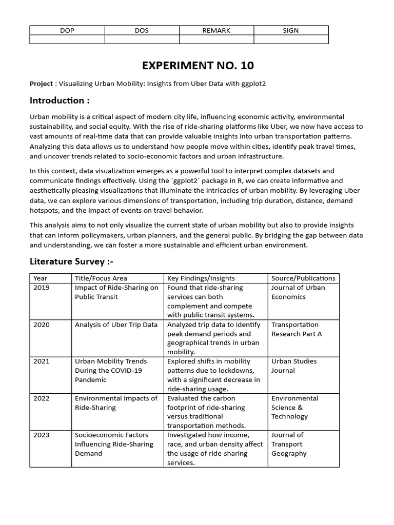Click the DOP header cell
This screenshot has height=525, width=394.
tap(67, 30)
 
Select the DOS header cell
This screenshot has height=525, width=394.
tap(142, 30)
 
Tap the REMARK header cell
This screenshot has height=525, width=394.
tap(216, 30)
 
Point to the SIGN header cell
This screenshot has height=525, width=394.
tap(290, 30)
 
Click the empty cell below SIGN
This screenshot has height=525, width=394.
tap(290, 39)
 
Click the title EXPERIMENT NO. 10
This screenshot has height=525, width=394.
tap(198, 66)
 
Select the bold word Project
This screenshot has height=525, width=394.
tap(41, 84)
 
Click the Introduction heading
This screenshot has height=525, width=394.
tap(60, 100)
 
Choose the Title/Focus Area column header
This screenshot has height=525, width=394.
tap(101, 278)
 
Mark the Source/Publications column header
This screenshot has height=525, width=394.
tap(303, 278)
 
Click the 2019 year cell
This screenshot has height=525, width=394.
tap(42, 288)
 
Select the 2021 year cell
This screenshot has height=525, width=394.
tap(42, 361)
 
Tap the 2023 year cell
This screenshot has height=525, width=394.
tap(42, 435)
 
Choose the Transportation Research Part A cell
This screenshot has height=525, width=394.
tap(295, 329)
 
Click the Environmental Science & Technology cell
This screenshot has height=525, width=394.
tap(294, 407)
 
